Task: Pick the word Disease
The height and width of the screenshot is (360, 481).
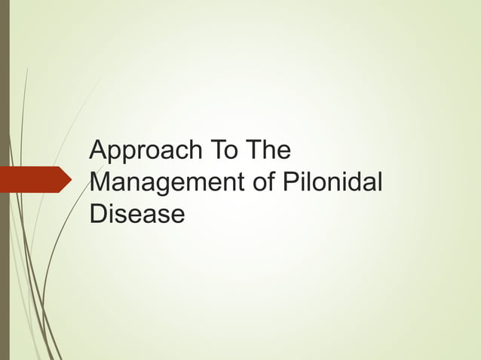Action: (x=136, y=215)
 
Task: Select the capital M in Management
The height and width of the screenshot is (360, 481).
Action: (x=100, y=183)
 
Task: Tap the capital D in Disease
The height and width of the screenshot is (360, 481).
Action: (x=98, y=215)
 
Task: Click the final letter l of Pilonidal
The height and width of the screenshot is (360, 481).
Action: (x=380, y=182)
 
